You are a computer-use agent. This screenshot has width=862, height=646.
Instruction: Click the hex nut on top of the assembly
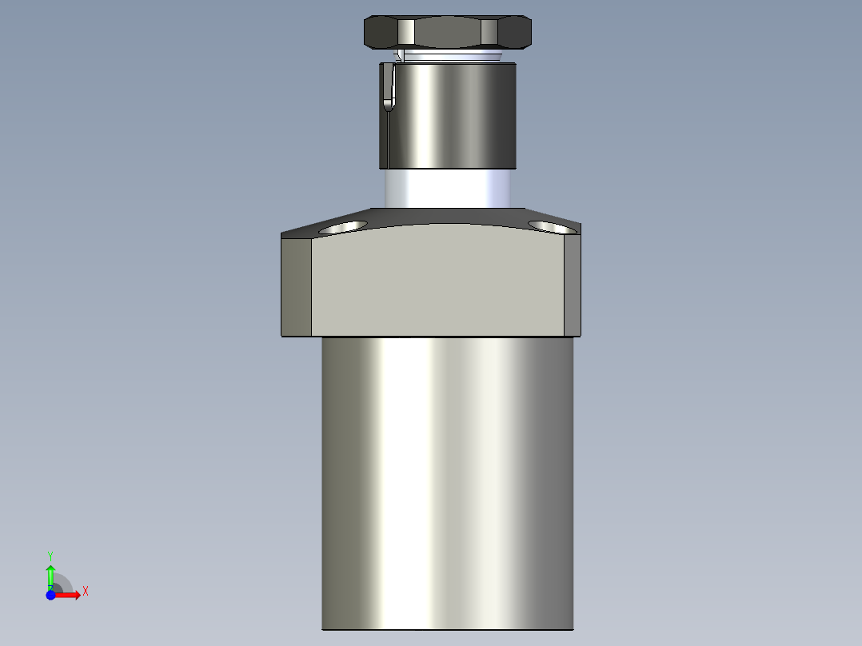(x=448, y=32)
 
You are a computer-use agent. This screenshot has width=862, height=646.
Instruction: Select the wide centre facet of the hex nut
(x=448, y=33)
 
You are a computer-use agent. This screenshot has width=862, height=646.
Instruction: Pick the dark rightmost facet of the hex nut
(x=516, y=33)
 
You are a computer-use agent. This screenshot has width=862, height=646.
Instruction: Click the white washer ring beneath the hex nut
(x=452, y=56)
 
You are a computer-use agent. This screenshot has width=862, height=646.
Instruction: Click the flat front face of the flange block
(x=438, y=284)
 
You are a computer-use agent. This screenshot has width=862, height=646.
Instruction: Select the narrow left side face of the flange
(x=297, y=286)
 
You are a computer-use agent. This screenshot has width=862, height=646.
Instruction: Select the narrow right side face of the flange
(x=573, y=286)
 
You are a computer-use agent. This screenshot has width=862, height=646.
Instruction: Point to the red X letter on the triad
(x=86, y=591)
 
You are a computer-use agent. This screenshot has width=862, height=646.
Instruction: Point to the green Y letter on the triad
(x=50, y=554)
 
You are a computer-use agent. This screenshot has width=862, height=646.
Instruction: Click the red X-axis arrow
(x=70, y=595)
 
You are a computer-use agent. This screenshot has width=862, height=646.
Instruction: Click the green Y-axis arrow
(x=50, y=575)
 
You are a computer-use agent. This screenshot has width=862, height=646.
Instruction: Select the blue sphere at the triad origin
(x=50, y=595)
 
